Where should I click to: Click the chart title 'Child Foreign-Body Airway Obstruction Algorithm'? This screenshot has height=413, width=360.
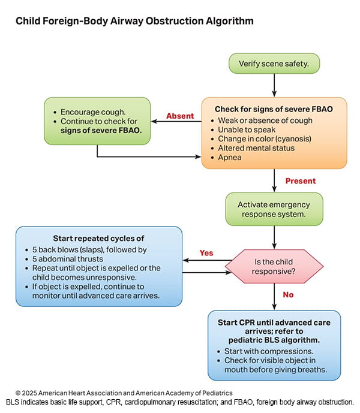[134, 21]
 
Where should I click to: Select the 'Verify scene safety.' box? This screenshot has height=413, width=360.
[274, 64]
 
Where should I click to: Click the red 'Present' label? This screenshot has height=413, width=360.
[300, 180]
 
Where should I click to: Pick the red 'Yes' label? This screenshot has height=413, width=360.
[206, 253]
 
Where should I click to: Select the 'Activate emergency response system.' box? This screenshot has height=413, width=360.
[274, 209]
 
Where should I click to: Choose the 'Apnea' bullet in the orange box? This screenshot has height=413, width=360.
[230, 157]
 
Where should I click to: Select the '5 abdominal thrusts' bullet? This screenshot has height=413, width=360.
[72, 259]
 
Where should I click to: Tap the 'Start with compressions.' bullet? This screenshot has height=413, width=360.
[268, 351]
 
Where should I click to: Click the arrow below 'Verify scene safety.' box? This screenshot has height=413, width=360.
[274, 85]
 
